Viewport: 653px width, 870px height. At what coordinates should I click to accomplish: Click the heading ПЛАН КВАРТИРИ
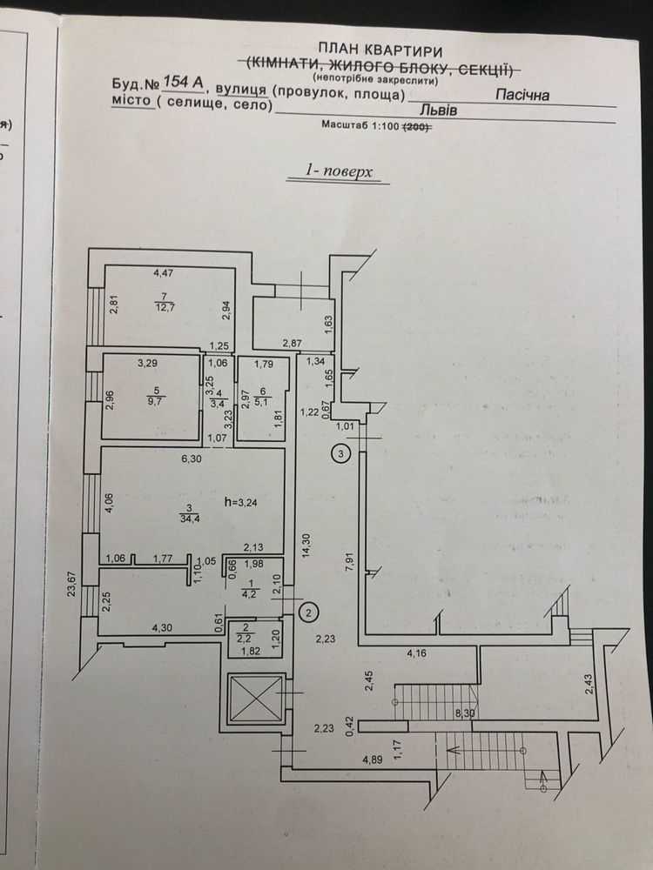380,51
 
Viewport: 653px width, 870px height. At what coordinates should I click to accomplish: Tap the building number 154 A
183,82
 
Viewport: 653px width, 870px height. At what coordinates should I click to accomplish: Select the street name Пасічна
522,94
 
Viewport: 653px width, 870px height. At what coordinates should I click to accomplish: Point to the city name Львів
439,110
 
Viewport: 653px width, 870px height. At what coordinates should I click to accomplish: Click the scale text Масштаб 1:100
360,125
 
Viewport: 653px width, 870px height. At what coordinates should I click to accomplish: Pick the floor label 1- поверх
339,171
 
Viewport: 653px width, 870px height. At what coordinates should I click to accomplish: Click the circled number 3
341,454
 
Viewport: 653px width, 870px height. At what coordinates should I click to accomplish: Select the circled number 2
309,612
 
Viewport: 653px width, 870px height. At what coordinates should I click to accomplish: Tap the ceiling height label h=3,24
240,502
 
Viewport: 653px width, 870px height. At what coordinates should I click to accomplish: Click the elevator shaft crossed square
256,699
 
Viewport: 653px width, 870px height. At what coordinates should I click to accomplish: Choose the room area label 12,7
165,307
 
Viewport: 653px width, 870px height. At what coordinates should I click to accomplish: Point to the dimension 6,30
191,458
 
